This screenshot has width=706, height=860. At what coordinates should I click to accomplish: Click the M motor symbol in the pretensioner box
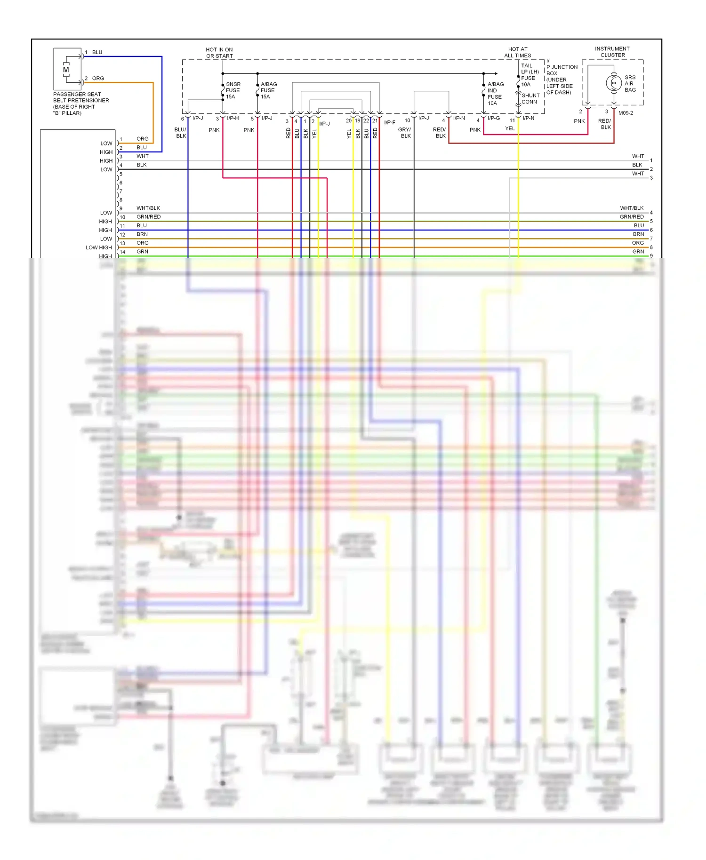point(66,70)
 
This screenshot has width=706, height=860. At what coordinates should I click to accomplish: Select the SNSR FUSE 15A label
point(233,90)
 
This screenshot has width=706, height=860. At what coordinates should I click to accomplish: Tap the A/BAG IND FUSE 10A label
point(495,94)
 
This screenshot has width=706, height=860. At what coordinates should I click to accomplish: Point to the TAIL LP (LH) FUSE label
point(529,75)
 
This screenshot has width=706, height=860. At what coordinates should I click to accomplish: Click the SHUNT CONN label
point(530,98)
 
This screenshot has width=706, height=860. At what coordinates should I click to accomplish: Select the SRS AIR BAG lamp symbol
point(613,83)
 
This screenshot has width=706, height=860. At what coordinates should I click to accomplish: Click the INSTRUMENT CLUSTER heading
point(612,52)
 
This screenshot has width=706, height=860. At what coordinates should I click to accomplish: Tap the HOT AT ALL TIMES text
point(517,52)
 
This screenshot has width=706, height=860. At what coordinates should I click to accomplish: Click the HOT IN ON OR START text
point(219,53)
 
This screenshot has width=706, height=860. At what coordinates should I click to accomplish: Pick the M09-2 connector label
point(626,113)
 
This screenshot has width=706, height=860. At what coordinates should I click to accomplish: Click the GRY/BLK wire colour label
point(405,133)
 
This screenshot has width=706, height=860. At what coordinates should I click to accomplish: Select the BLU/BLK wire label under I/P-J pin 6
point(181,133)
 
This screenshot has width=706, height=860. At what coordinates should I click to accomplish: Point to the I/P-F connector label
point(389,123)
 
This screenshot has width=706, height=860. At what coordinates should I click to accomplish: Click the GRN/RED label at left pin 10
point(149,217)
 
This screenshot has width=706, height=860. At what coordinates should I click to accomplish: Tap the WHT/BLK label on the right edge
point(632,208)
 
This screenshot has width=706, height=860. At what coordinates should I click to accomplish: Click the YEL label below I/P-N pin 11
point(510,128)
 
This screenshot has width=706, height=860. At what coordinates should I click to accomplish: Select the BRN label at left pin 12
point(142,234)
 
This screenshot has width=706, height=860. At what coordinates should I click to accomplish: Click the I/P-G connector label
point(494,118)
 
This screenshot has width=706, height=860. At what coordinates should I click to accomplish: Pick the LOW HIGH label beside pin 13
point(99,247)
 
